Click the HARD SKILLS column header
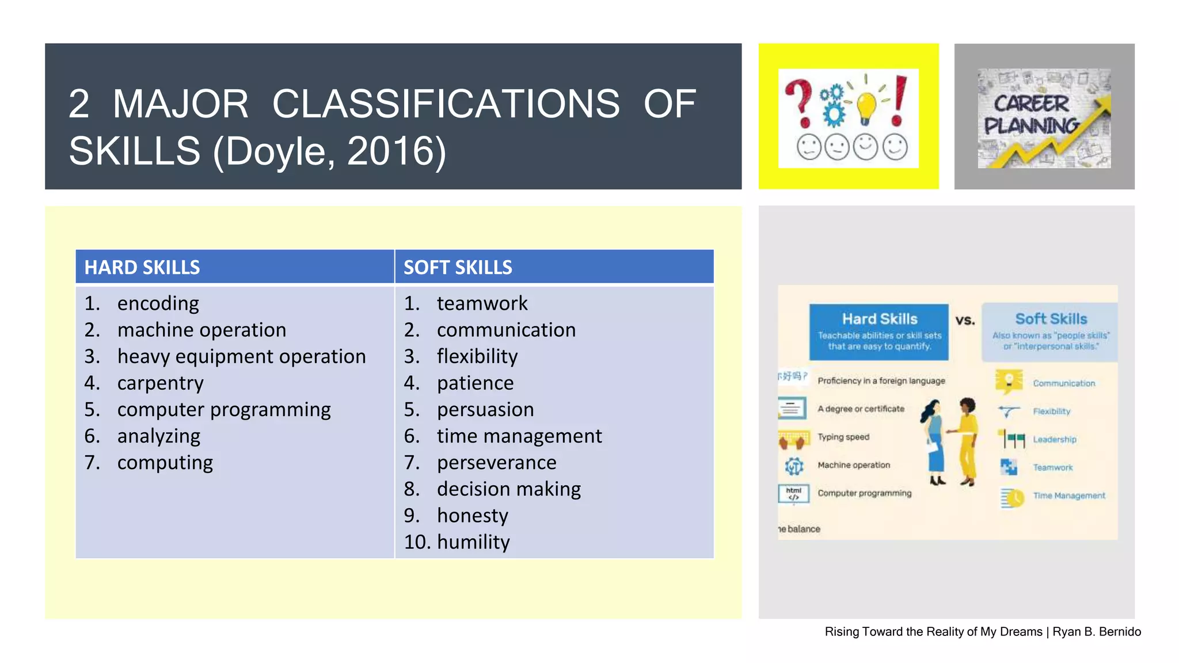tap(142, 268)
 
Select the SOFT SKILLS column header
tap(458, 268)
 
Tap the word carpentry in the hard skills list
tap(160, 383)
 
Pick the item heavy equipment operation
tap(241, 356)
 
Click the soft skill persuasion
tap(485, 409)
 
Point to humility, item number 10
tap(473, 542)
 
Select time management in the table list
tap(519, 436)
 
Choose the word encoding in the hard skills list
tap(158, 303)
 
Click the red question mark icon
tap(800, 102)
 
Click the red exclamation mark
tap(899, 101)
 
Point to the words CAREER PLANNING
tap(1030, 114)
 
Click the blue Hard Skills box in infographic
tap(879, 331)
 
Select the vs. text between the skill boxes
tap(965, 320)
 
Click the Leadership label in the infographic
tap(1054, 439)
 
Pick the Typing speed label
tap(843, 437)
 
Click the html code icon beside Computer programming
tap(794, 494)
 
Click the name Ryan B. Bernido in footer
tap(1097, 631)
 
